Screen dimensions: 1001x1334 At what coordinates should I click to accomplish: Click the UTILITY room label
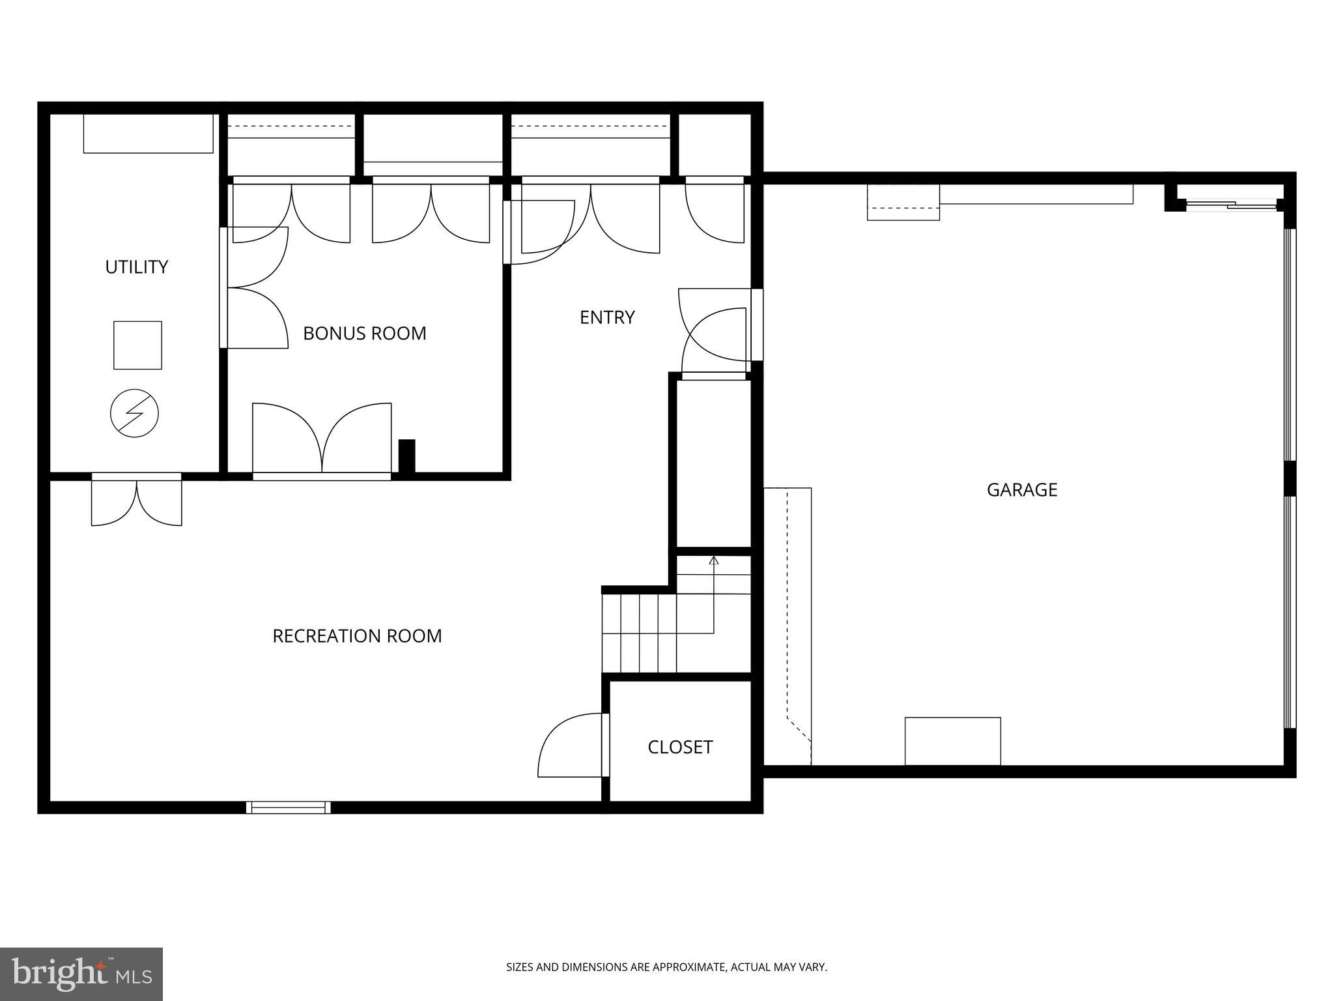point(137,267)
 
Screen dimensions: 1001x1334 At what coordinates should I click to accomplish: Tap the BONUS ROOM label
point(365,334)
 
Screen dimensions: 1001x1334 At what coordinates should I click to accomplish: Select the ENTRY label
point(607,317)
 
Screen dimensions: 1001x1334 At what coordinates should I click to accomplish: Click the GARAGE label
point(1021,490)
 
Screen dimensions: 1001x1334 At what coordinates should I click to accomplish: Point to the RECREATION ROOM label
point(357,636)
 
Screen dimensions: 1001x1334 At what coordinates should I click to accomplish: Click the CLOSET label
point(680,747)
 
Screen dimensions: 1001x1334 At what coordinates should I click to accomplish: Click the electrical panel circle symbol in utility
point(134,413)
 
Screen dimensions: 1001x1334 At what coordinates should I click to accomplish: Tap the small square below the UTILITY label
point(137,345)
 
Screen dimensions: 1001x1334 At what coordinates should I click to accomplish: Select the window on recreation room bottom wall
point(289,807)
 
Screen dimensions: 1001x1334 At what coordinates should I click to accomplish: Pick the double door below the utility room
point(136,500)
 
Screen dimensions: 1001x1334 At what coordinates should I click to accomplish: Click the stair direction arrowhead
point(714,560)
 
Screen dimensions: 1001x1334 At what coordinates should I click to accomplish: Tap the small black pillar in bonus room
point(406,456)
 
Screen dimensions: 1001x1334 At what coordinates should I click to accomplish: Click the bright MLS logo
point(81,974)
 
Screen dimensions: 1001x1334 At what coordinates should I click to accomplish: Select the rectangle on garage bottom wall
point(952,741)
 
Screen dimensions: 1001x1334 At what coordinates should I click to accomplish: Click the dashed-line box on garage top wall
point(903,203)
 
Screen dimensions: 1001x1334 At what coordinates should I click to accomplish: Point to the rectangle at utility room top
point(148,134)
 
